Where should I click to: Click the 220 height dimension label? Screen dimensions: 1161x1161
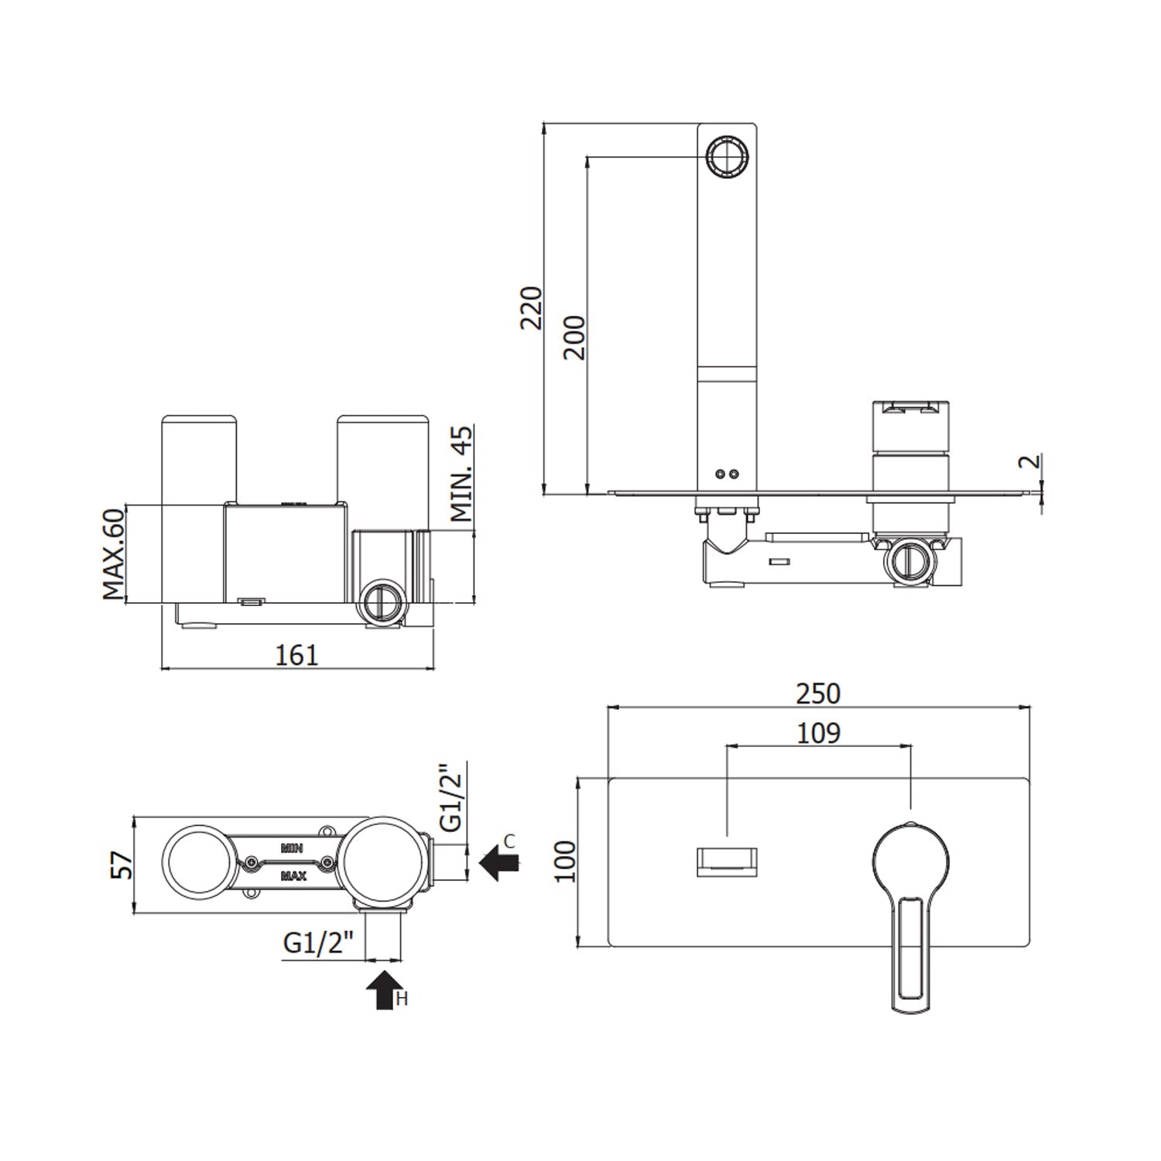coord(531,308)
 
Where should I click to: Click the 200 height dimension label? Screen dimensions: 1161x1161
coord(574,337)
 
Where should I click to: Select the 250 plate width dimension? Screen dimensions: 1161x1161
coord(818,694)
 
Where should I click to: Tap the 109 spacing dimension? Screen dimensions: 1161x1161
coord(818,732)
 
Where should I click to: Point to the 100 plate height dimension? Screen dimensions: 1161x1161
coord(566,862)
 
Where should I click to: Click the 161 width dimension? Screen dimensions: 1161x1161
coord(297,655)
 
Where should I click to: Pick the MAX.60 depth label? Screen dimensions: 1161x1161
coord(113,553)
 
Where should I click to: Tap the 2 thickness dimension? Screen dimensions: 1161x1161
coord(1029,462)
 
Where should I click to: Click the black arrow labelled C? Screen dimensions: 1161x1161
coord(499,861)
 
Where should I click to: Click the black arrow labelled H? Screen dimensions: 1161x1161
coord(384,990)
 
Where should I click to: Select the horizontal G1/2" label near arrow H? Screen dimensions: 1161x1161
coord(318,943)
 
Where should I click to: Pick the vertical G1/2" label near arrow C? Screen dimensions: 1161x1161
coord(450,797)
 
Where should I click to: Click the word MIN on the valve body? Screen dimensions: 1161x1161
coord(292,848)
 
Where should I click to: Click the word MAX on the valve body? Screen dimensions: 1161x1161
coord(293,877)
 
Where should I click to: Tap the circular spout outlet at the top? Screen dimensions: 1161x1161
coord(727,157)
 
